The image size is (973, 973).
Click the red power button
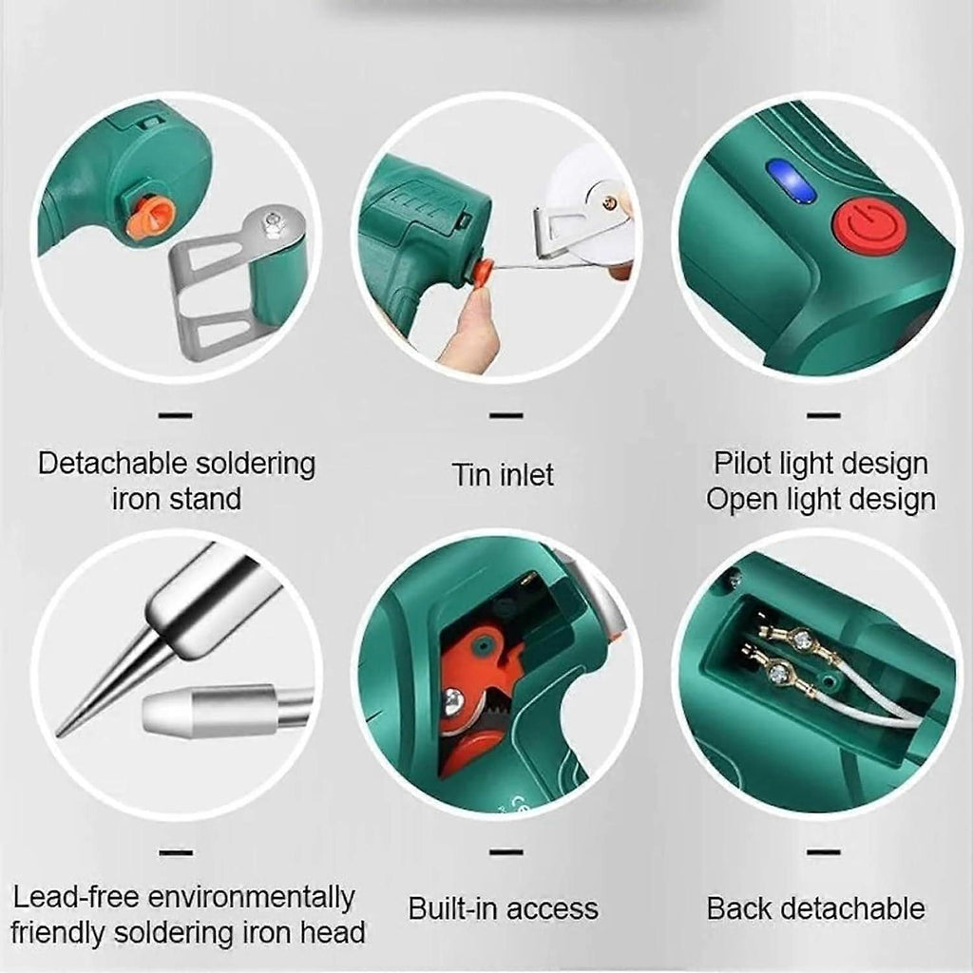click(868, 226)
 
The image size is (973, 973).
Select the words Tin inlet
click(503, 475)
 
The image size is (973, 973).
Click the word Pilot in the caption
click(739, 464)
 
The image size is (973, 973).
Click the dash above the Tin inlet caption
click(506, 415)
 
